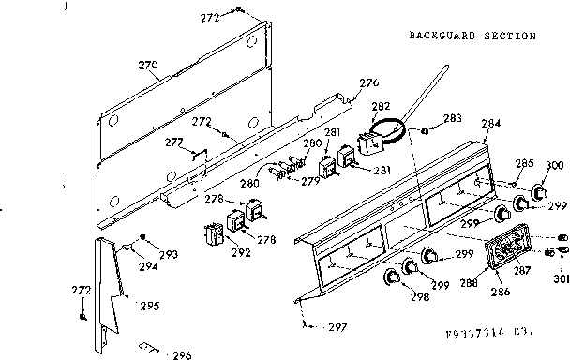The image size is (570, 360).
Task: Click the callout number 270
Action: click(148, 66)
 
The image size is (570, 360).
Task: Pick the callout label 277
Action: click(173, 142)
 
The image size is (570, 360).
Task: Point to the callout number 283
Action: click(453, 118)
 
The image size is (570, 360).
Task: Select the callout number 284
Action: click(491, 122)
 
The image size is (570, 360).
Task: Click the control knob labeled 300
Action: click(537, 192)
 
